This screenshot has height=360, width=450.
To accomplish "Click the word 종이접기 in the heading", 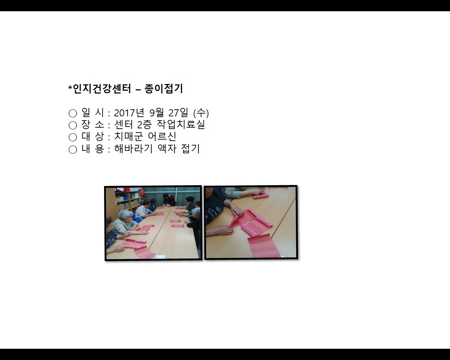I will point(163,89).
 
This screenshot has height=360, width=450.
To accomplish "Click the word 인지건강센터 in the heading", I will point(102,89).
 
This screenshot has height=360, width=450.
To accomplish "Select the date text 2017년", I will point(129,113).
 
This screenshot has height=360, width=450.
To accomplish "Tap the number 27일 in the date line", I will point(178,113).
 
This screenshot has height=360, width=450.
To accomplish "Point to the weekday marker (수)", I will point(201,113).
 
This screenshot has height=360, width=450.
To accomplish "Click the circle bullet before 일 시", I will point(73,113).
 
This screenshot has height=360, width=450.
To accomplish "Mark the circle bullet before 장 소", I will point(73,125).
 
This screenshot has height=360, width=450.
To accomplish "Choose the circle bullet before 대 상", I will point(73,137).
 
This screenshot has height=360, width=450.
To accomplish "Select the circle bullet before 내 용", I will point(73,149).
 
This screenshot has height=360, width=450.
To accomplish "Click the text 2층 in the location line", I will point(144,125).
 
